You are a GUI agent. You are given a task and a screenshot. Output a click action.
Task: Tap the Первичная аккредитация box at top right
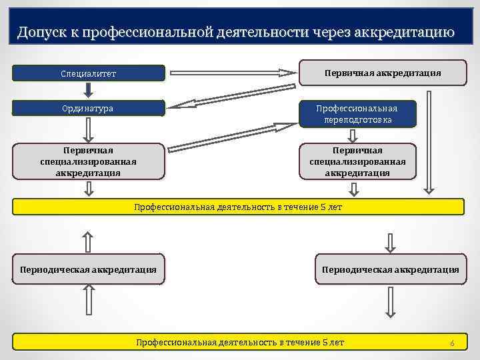[383, 73]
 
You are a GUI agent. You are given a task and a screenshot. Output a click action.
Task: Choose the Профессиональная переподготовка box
[358, 114]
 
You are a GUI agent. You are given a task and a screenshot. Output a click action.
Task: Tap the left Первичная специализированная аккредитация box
[89, 162]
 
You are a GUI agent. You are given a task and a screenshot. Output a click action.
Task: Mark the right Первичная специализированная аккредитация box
[358, 162]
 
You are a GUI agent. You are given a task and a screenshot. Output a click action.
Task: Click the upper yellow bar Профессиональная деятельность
[239, 207]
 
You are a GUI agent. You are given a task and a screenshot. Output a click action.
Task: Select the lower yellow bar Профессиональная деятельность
[239, 342]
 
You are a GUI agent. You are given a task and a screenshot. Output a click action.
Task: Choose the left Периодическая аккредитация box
[89, 269]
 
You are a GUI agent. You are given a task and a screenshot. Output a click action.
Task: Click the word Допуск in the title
[41, 31]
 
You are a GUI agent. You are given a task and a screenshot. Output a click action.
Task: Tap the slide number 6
[452, 343]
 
